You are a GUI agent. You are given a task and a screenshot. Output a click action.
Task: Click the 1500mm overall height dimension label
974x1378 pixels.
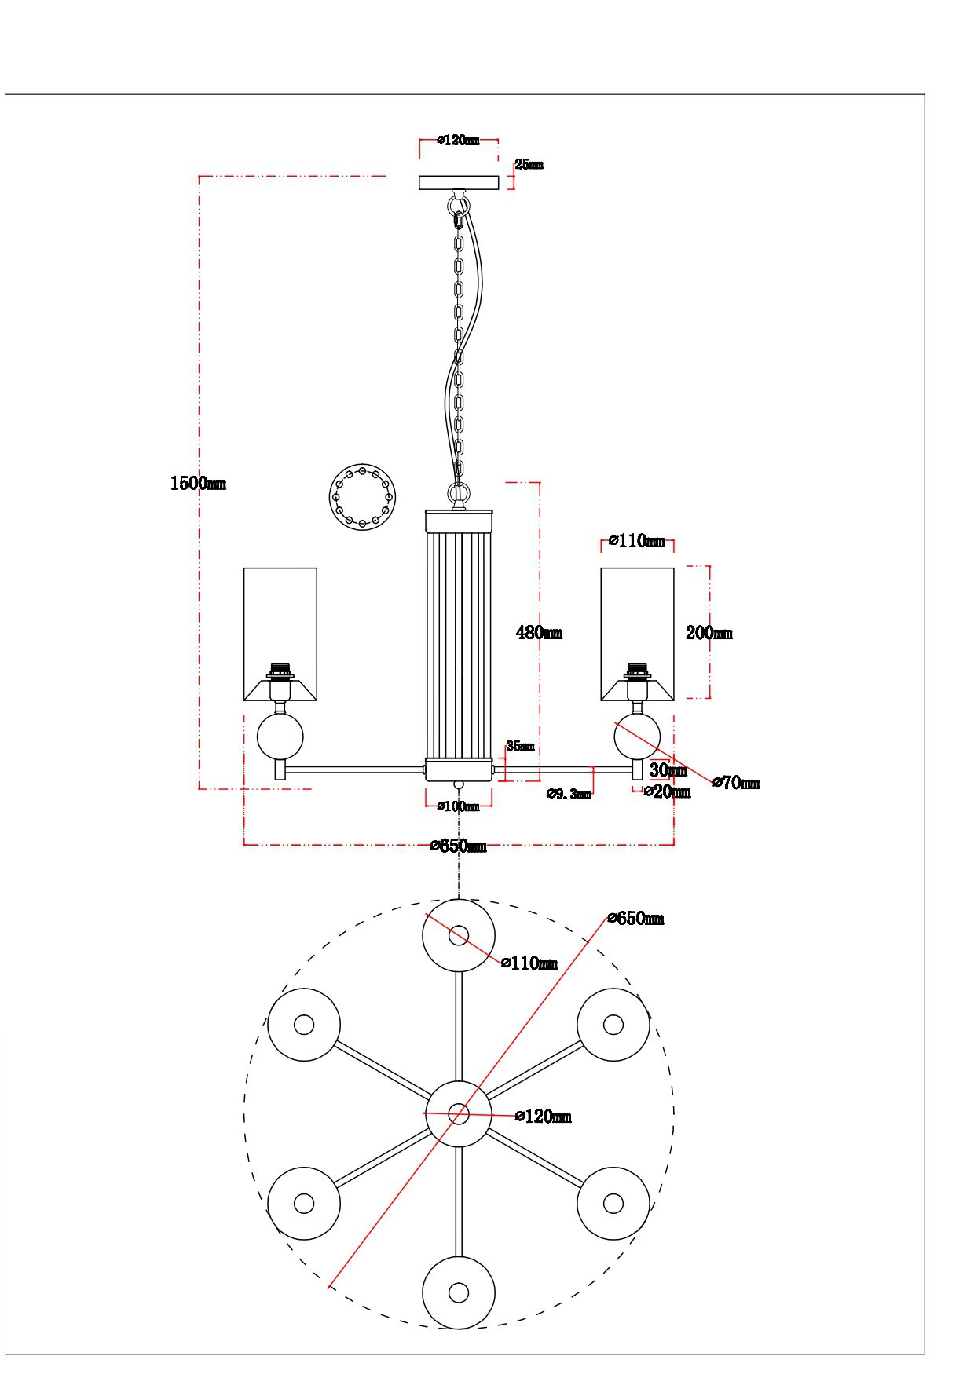click(x=198, y=483)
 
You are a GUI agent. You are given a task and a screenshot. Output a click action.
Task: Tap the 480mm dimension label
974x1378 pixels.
click(x=539, y=632)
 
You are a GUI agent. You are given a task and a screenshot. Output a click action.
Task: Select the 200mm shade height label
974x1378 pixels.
click(x=709, y=633)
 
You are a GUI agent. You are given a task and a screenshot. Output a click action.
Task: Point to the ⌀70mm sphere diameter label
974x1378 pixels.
click(x=736, y=783)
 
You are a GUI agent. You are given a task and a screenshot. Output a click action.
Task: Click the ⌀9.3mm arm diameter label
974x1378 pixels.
click(x=569, y=794)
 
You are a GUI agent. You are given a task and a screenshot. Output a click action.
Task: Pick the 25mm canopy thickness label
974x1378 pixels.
click(x=529, y=165)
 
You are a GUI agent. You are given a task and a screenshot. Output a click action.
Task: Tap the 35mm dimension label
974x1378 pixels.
click(x=520, y=746)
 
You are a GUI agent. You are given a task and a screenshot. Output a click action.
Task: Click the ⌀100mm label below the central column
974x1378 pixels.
click(x=458, y=806)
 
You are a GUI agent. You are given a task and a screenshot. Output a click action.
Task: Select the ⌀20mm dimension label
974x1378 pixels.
click(x=667, y=791)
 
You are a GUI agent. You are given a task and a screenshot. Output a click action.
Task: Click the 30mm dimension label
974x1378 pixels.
click(x=668, y=770)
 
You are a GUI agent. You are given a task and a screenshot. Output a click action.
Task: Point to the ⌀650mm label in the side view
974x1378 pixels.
click(x=458, y=846)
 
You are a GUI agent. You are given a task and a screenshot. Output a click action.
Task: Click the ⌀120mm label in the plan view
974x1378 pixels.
click(x=543, y=1117)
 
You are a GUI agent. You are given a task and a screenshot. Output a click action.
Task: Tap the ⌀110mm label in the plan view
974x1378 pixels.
click(x=529, y=963)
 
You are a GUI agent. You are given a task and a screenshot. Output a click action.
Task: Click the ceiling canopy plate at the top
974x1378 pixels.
click(x=459, y=183)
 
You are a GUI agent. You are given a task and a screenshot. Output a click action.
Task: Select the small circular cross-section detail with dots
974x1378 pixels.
click(x=362, y=497)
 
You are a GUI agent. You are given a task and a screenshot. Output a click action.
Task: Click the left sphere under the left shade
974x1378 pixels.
click(x=280, y=737)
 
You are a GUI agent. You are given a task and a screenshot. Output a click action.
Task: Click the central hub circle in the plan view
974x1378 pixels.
click(x=459, y=1113)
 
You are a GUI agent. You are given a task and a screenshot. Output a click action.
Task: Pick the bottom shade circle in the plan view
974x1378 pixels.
click(x=459, y=1292)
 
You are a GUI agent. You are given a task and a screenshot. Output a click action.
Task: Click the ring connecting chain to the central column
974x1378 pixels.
click(x=459, y=494)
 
